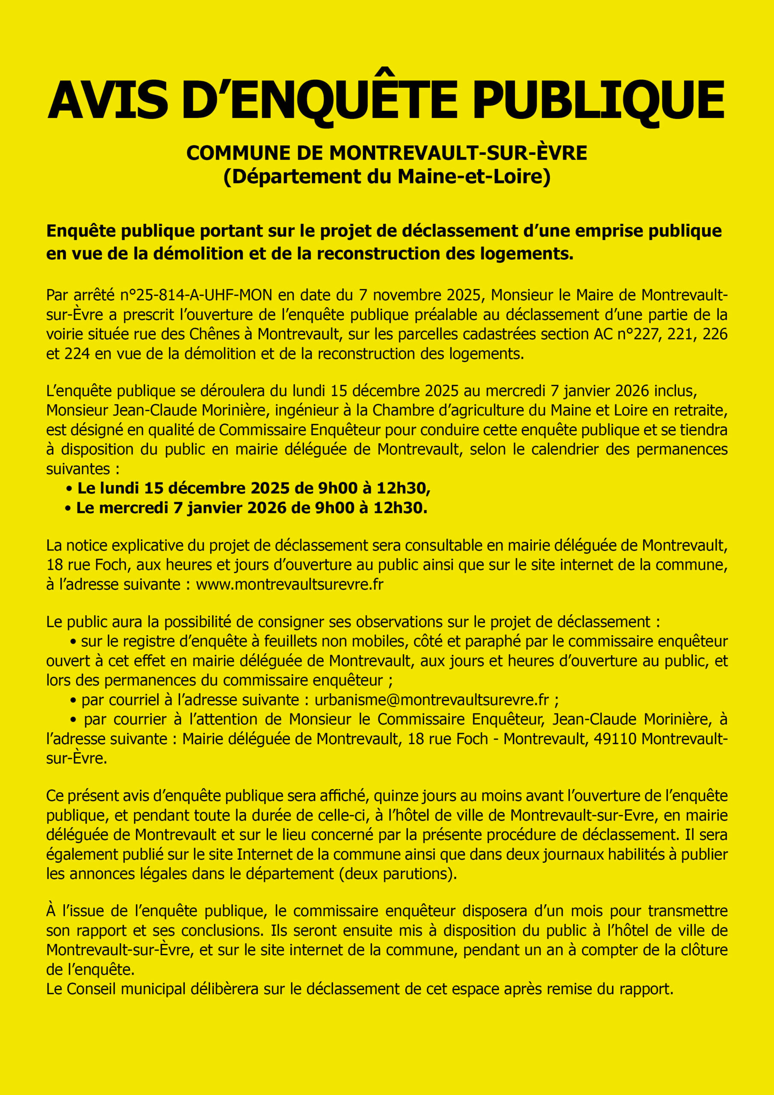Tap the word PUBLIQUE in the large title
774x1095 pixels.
click(x=599, y=100)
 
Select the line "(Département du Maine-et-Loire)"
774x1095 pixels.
click(x=387, y=177)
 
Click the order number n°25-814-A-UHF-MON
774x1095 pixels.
click(x=196, y=295)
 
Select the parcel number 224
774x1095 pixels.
click(x=77, y=353)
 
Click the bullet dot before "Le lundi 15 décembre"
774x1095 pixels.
click(x=70, y=489)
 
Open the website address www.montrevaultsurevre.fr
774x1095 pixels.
click(x=290, y=584)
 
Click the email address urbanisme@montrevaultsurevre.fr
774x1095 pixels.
click(x=431, y=700)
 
